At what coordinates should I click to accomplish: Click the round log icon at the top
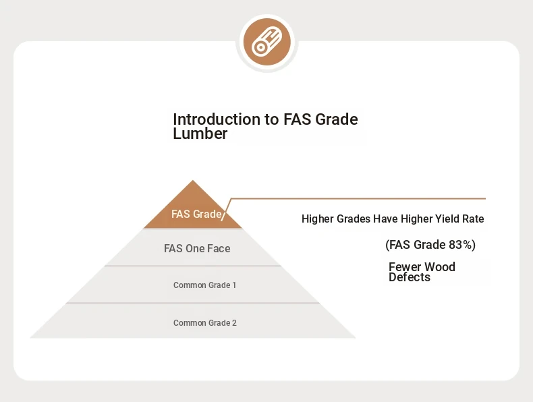[267, 42]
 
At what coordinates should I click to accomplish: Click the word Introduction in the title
[217, 119]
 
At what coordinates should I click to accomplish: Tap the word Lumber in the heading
[200, 133]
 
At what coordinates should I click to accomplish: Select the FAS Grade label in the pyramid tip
[196, 214]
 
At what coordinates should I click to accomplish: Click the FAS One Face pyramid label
[197, 248]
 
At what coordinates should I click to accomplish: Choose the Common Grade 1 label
[204, 285]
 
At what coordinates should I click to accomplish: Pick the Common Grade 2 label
[205, 323]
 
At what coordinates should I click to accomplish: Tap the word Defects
[410, 277]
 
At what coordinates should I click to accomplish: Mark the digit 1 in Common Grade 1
[234, 285]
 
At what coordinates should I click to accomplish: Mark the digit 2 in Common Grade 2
[234, 323]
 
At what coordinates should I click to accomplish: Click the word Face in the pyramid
[219, 248]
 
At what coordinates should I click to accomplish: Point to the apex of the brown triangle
[193, 181]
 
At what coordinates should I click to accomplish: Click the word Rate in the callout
[473, 219]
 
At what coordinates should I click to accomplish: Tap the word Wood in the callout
[440, 266]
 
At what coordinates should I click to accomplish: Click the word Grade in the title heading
[337, 119]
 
